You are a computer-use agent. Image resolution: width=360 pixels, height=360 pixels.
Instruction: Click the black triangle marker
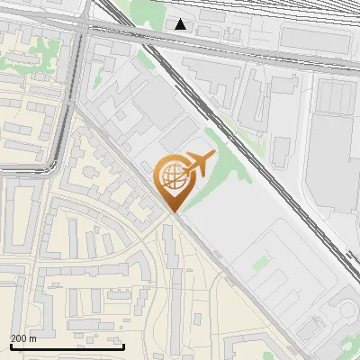coord(181,24)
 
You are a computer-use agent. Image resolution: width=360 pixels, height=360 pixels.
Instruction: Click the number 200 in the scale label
coord(20,339)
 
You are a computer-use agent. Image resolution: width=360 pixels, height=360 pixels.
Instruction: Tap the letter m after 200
coord(34,339)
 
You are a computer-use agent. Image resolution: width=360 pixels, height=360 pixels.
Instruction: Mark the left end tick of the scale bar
coord(10,346)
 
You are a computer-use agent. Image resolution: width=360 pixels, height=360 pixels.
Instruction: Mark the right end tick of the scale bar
coord(122,346)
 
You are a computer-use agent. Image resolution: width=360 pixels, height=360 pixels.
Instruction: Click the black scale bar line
coord(66,347)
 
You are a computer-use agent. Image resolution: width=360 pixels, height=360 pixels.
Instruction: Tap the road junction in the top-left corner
coord(83,27)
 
